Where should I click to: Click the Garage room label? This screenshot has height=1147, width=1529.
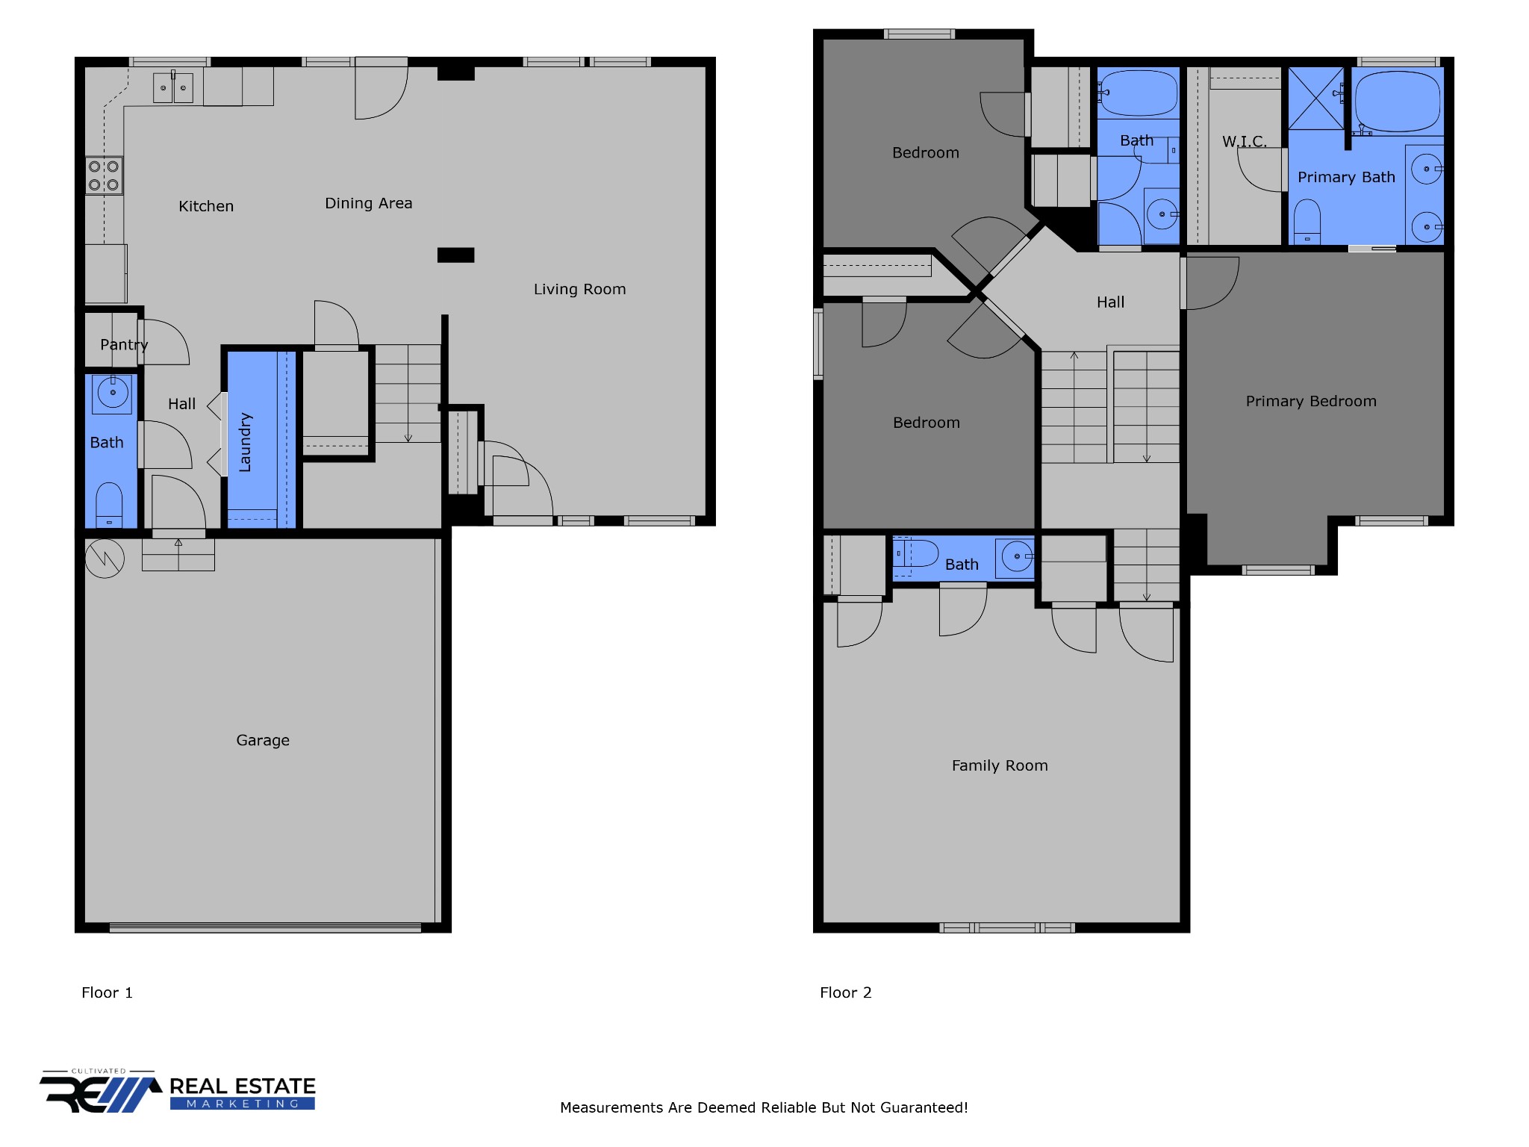(x=263, y=740)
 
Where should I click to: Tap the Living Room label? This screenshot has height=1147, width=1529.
(x=579, y=289)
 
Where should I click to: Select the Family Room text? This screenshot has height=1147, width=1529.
(x=1000, y=765)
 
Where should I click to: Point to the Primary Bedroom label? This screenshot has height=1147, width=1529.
(x=1311, y=401)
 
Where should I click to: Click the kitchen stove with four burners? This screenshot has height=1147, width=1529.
(x=104, y=175)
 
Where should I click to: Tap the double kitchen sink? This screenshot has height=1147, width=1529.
(x=173, y=87)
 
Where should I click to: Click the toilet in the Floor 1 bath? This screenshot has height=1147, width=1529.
(x=109, y=506)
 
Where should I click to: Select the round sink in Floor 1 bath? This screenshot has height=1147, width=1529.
(x=113, y=394)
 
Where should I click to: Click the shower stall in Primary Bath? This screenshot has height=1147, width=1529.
(x=1316, y=99)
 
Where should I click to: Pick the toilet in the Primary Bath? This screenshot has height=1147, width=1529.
(x=1307, y=221)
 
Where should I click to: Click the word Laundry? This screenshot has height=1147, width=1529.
(x=245, y=442)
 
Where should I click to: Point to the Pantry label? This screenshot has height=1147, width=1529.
(x=124, y=345)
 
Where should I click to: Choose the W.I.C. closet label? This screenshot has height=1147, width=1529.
(x=1244, y=141)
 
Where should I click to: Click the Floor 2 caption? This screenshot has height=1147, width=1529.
(x=846, y=992)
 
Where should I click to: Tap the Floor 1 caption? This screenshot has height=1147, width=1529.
(x=107, y=992)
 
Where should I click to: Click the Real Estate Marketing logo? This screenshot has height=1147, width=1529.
(x=178, y=1091)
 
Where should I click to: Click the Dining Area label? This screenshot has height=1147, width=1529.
(x=368, y=203)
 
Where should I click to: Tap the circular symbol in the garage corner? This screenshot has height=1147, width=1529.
(x=105, y=559)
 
